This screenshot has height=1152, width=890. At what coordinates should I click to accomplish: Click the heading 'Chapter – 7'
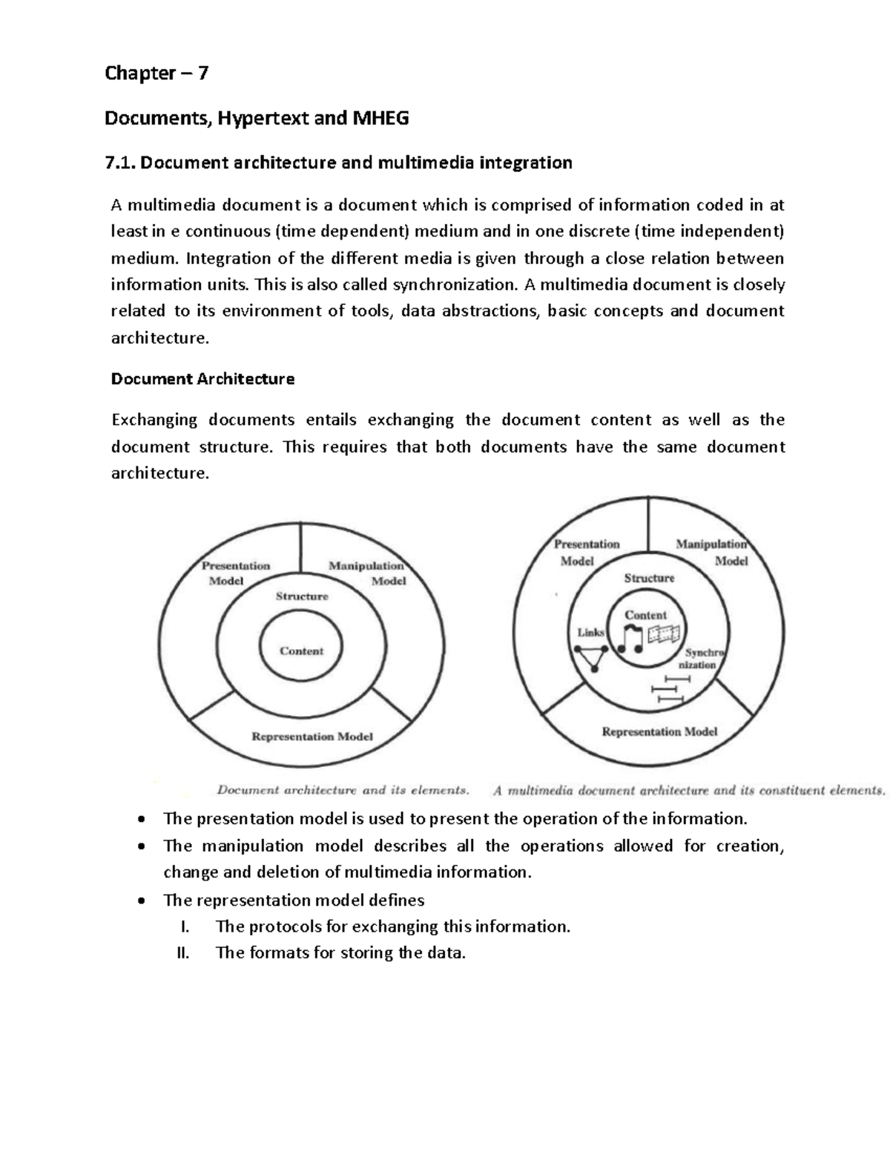(x=156, y=73)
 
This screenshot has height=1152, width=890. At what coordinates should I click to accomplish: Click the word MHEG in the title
(x=380, y=118)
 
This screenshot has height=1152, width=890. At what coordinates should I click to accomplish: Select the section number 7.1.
(x=121, y=163)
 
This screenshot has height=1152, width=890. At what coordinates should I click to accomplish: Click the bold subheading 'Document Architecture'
(x=202, y=379)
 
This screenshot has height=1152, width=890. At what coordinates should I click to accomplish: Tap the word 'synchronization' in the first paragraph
(x=453, y=285)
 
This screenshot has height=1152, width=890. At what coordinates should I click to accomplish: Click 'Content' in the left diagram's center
(x=301, y=651)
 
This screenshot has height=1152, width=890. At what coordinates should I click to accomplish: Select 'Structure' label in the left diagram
(x=302, y=596)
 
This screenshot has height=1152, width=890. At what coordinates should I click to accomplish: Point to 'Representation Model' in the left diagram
(x=311, y=737)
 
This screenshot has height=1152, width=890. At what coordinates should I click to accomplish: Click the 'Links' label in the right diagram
(x=591, y=633)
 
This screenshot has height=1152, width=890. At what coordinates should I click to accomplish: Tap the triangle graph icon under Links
(x=591, y=657)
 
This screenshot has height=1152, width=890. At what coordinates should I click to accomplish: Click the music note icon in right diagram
(x=631, y=639)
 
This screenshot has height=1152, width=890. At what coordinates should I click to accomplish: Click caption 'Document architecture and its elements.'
(x=342, y=790)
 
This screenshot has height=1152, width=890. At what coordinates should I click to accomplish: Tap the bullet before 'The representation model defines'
(x=141, y=901)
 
